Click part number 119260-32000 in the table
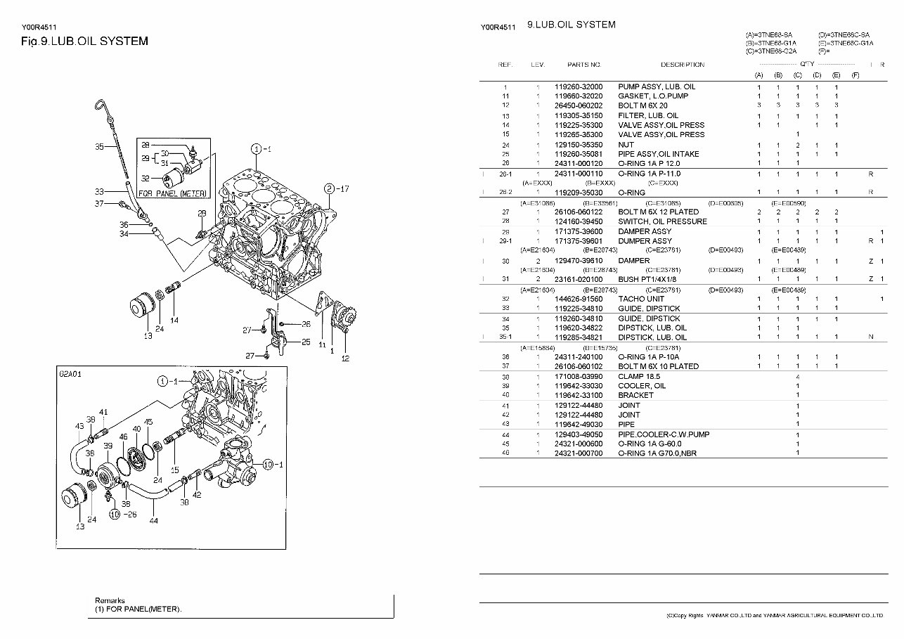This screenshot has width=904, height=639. (578, 86)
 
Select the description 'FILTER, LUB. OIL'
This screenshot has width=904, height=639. (648, 115)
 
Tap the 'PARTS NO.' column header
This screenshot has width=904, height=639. (584, 65)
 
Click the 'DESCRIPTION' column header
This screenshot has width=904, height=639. (682, 65)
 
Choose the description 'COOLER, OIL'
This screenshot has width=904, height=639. (641, 386)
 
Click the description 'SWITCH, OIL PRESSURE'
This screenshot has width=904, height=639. (662, 221)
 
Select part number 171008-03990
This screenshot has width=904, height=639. (578, 377)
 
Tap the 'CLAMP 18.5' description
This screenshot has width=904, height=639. (638, 377)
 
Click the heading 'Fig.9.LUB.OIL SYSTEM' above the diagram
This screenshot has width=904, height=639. (84, 41)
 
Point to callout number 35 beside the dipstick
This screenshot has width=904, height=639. (99, 147)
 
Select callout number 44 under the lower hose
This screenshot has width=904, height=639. (153, 521)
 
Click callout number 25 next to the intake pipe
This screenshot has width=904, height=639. (306, 342)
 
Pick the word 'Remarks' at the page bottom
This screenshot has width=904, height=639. (110, 601)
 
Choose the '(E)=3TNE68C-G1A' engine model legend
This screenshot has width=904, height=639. (846, 43)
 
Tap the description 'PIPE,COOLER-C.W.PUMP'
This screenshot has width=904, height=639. (664, 434)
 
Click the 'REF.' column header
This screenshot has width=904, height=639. (505, 65)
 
